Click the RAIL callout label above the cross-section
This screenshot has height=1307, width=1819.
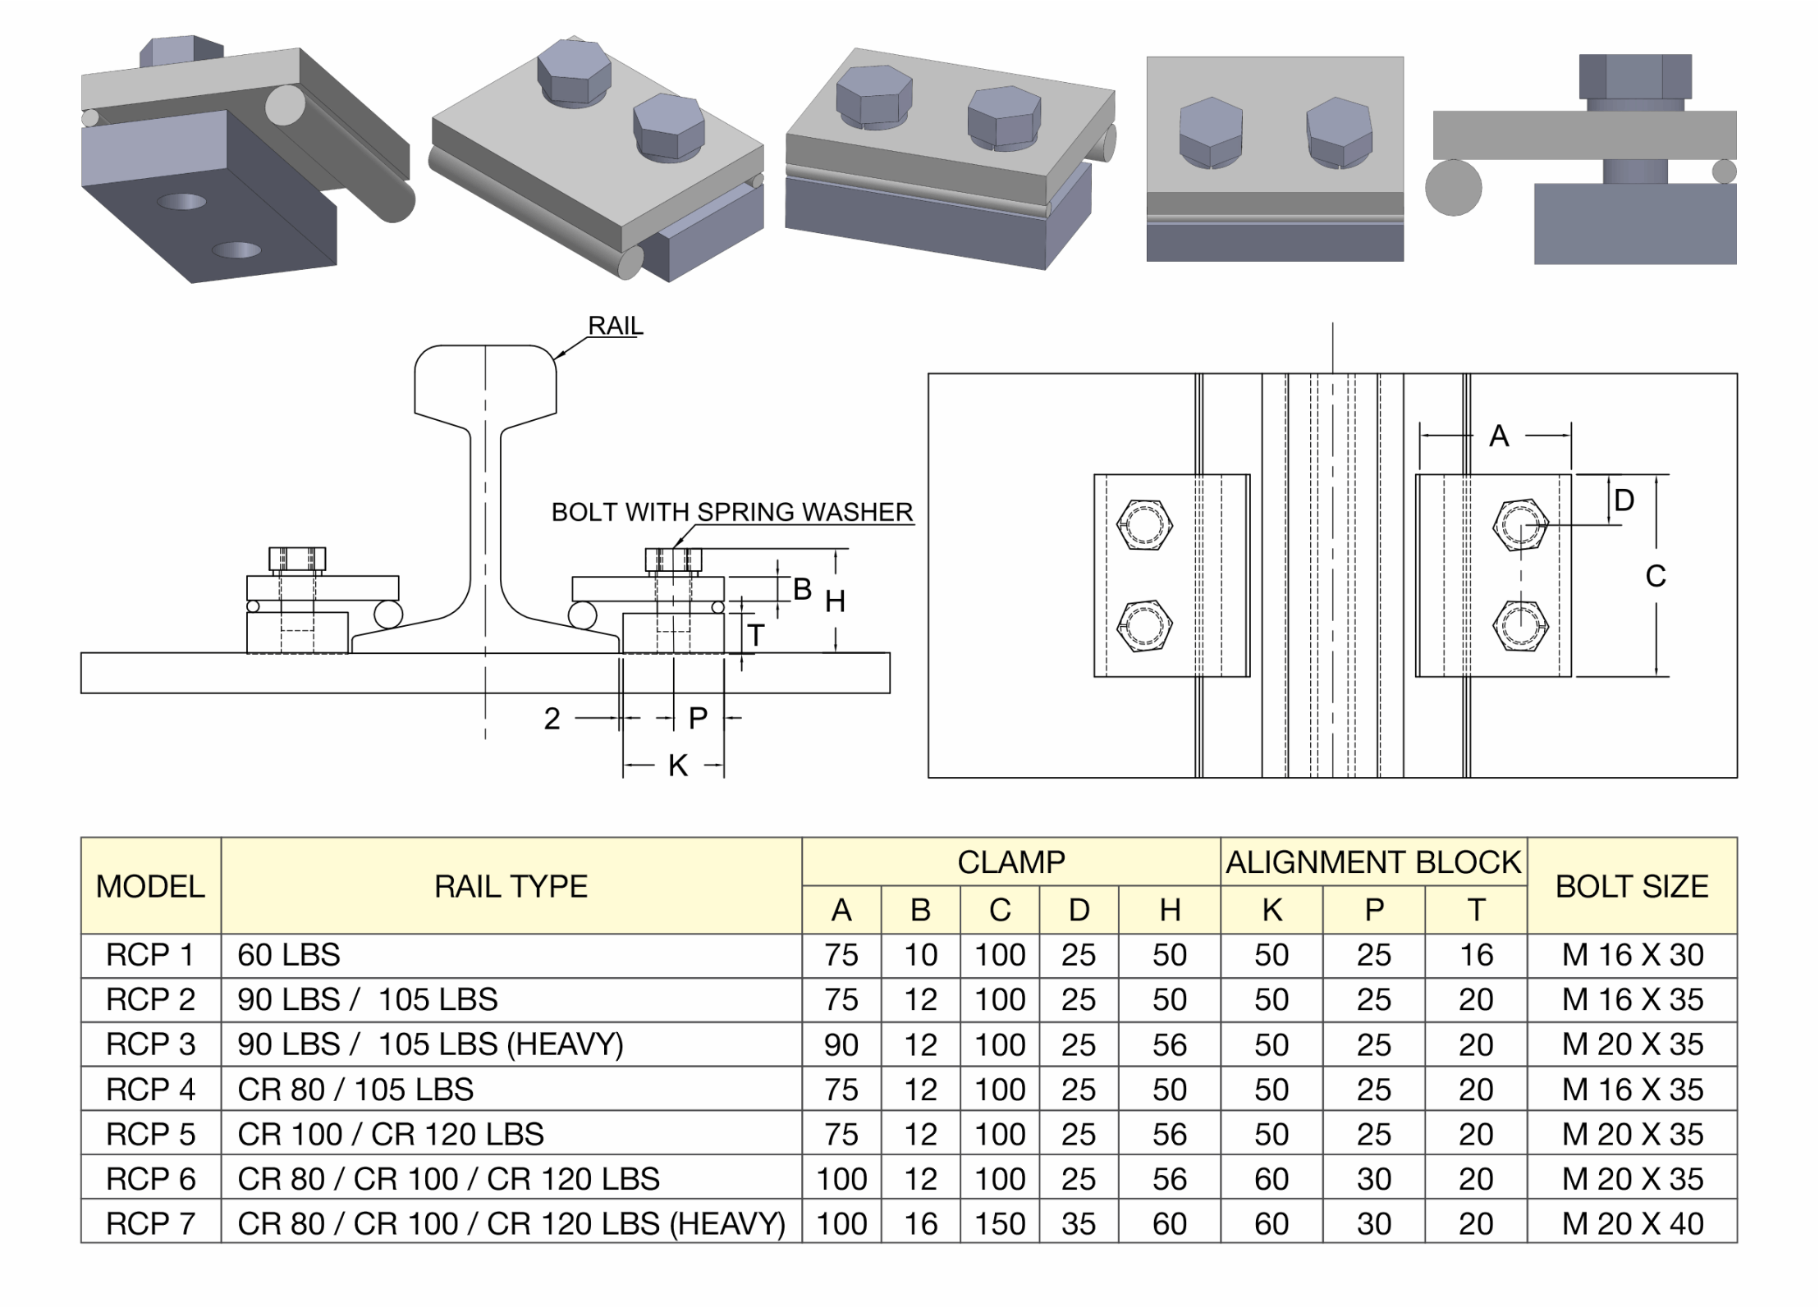615,326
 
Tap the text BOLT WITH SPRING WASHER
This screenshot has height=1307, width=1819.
731,512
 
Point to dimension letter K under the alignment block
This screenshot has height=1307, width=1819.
677,765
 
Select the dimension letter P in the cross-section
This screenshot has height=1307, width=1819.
698,718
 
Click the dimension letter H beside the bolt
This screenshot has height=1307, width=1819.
835,602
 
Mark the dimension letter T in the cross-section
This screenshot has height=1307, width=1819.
756,635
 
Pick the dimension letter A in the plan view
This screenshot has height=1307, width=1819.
1499,436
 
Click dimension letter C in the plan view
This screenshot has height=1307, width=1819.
1656,576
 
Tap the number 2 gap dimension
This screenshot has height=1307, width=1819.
552,719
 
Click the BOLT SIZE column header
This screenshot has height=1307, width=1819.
1631,886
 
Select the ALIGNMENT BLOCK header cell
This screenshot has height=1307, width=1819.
1372,862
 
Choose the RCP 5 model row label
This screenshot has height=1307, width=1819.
150,1134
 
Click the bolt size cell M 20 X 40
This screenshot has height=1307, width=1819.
1632,1223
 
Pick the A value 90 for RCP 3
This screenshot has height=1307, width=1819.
841,1044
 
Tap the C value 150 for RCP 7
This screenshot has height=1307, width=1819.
1000,1223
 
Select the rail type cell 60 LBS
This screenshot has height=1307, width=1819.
289,955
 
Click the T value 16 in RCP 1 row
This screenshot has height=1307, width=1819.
1475,955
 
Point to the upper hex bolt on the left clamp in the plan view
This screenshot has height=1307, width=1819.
1144,524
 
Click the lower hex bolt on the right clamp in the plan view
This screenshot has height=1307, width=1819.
1520,626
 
